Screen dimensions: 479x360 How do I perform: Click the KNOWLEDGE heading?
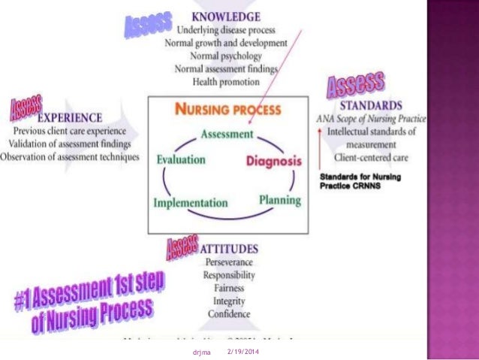click(226, 16)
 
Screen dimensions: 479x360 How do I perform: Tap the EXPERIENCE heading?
click(70, 117)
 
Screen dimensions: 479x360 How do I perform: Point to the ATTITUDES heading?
click(229, 247)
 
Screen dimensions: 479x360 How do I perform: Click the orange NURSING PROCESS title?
click(229, 109)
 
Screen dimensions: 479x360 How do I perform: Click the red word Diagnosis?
click(274, 161)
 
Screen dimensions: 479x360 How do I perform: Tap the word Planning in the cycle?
click(279, 200)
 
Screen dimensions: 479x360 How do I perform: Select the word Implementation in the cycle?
click(191, 202)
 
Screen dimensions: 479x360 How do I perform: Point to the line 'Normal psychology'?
click(226, 56)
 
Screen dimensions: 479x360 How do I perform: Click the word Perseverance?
click(229, 262)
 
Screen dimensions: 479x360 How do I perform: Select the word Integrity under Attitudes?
click(229, 301)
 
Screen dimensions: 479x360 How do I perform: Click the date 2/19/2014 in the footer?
click(243, 352)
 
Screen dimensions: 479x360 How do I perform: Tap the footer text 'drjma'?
click(200, 352)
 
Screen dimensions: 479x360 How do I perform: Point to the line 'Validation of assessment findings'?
click(71, 144)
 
